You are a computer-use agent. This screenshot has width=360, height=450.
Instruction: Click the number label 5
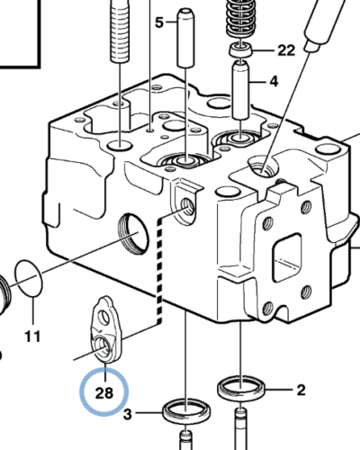coord(159,22)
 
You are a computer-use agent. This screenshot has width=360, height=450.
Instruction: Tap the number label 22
coord(285,49)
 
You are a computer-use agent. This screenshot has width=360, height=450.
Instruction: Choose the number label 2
coord(300,390)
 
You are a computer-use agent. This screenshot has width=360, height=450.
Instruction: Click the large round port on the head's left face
coord(132,233)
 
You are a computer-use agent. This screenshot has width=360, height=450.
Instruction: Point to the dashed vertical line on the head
coord(160,270)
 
